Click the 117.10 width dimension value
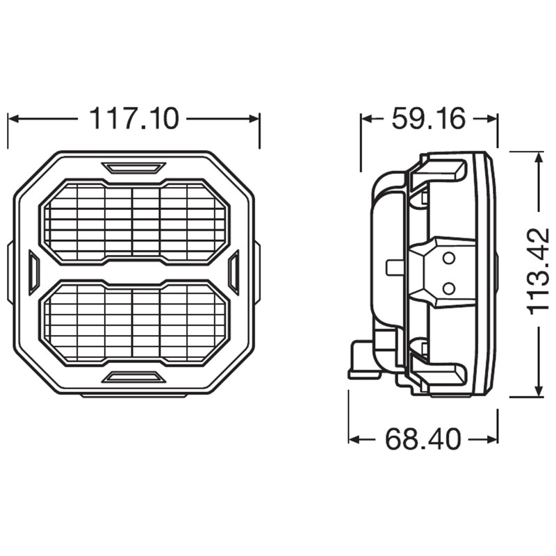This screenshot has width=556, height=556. tap(133, 119)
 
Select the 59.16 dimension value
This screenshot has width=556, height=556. tap(428, 119)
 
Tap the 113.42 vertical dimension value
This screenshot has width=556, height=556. tap(538, 271)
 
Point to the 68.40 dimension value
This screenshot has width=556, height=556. tap(423, 439)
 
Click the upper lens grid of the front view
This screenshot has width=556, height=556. tap(134, 222)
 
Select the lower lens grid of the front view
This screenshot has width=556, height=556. tap(134, 322)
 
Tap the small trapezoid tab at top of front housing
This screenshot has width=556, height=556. tap(133, 167)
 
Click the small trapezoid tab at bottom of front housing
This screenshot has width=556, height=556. tap(133, 377)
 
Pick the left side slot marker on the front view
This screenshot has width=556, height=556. tap(33, 273)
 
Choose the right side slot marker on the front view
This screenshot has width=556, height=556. tap(234, 273)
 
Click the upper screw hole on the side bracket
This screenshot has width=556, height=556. tap(449, 259)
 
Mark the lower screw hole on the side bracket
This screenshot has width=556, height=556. tap(449, 287)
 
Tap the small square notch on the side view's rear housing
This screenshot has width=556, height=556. tap(393, 266)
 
